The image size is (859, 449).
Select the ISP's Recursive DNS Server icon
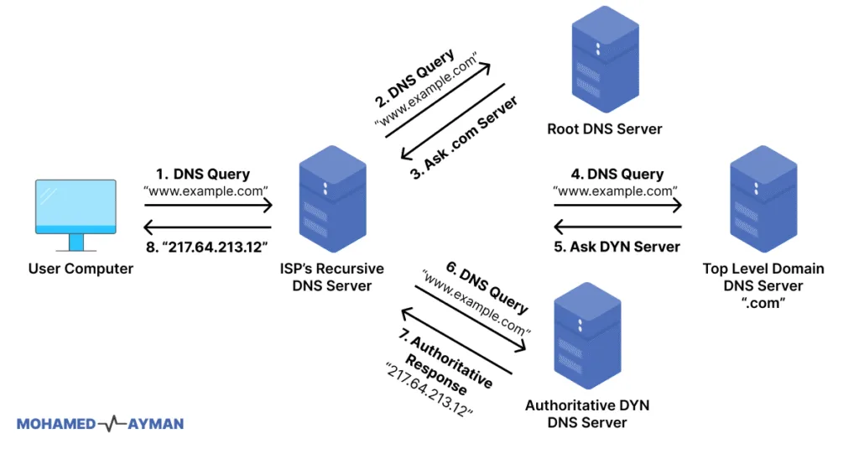(x=333, y=200)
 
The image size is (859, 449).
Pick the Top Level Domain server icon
(x=763, y=200)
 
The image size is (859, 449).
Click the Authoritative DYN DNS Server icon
(x=586, y=335)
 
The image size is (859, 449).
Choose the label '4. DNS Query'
(x=617, y=175)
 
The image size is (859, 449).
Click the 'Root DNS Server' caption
(x=604, y=129)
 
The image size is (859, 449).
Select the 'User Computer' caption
(x=81, y=269)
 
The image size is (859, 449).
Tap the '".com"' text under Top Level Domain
(x=763, y=303)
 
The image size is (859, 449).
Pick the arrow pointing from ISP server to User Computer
(x=208, y=227)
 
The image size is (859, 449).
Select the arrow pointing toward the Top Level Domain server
(x=617, y=206)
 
